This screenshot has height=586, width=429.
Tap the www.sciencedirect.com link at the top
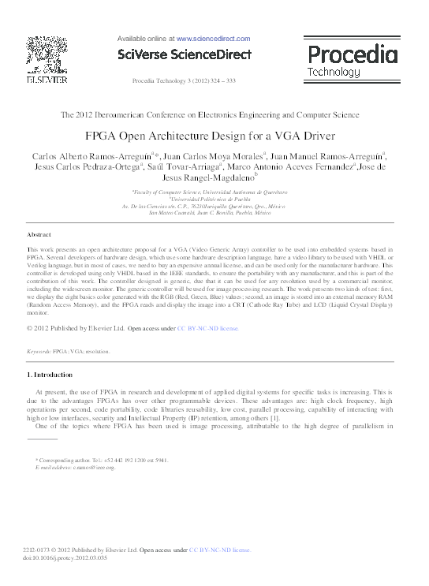point(212,38)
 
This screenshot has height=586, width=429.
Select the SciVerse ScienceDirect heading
point(183,54)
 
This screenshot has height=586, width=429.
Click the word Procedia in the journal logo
point(351,55)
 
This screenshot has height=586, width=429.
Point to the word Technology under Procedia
point(333,72)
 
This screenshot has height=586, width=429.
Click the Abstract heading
point(39,235)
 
